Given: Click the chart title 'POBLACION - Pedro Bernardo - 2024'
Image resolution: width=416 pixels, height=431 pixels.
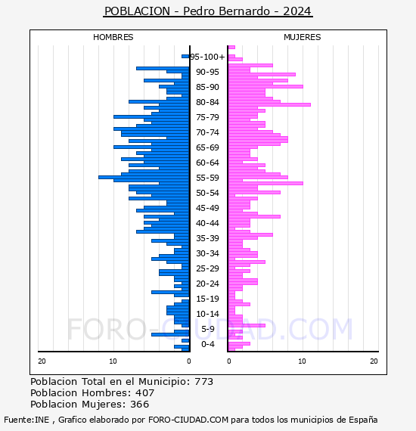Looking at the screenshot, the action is pyautogui.click(x=208, y=11).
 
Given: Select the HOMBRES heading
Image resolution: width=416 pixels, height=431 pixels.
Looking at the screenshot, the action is pyautogui.click(x=113, y=37).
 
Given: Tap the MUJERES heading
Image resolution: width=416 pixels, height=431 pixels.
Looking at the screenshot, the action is pyautogui.click(x=303, y=37).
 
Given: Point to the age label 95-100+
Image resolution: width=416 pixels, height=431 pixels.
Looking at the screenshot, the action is pyautogui.click(x=207, y=57).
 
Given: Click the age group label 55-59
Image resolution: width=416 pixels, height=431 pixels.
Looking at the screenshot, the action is pyautogui.click(x=207, y=178).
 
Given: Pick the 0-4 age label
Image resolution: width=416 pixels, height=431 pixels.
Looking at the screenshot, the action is pyautogui.click(x=207, y=344).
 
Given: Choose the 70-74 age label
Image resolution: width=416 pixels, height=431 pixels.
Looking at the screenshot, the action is pyautogui.click(x=207, y=132).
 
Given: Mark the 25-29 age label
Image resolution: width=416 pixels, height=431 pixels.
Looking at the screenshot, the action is pyautogui.click(x=207, y=268).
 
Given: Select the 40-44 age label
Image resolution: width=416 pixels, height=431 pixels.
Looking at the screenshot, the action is pyautogui.click(x=207, y=223).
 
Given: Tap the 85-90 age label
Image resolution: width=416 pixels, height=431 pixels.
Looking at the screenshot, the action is pyautogui.click(x=207, y=87).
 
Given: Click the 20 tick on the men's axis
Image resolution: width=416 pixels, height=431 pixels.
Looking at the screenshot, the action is pyautogui.click(x=42, y=361).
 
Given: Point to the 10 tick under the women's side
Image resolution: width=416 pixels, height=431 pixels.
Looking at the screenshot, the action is pyautogui.click(x=302, y=361).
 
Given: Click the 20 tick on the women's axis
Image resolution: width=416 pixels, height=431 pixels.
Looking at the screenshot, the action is pyautogui.click(x=374, y=361).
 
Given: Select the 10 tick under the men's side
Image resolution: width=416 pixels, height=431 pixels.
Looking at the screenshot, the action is pyautogui.click(x=113, y=361).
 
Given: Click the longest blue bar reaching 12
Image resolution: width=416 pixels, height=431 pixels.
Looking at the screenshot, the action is pyautogui.click(x=144, y=177).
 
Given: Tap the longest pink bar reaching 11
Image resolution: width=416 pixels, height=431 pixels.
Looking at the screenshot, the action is pyautogui.click(x=269, y=105).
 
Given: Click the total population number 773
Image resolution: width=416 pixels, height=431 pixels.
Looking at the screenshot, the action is pyautogui.click(x=203, y=382).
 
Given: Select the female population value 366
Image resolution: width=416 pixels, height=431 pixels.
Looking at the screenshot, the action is pyautogui.click(x=140, y=405).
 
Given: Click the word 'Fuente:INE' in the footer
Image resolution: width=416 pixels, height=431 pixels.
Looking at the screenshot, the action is pyautogui.click(x=26, y=420).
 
